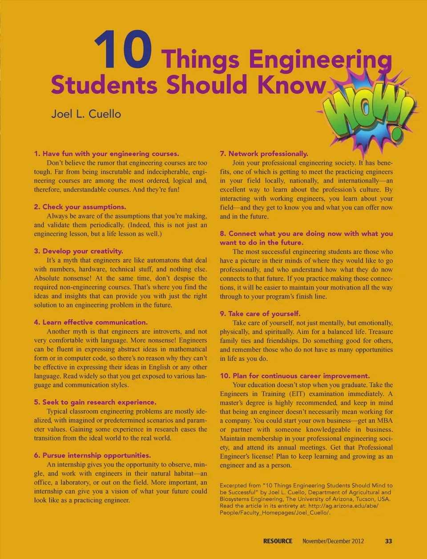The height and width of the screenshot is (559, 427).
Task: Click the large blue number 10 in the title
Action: point(123,50)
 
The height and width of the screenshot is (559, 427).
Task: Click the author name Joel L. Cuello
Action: point(86,114)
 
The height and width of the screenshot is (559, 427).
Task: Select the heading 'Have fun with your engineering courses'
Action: point(106,154)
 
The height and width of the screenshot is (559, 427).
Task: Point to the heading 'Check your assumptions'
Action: point(80,207)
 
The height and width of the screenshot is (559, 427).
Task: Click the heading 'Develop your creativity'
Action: point(79,251)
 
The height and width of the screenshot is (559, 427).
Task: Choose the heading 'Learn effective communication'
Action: point(91,322)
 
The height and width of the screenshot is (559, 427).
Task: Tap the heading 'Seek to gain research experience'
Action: point(95,402)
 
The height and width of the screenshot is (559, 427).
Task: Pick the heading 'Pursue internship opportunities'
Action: point(93,455)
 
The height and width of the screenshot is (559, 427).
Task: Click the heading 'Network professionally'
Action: point(264,154)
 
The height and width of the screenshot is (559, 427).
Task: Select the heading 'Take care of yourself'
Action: point(260,313)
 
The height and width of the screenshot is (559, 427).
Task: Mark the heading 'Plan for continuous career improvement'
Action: point(295,376)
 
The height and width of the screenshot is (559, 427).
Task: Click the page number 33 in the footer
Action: point(388,541)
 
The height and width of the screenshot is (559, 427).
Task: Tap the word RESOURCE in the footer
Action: point(278,541)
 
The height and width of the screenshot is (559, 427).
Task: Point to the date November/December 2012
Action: point(333,541)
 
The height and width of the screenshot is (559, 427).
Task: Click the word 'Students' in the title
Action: point(104,85)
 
